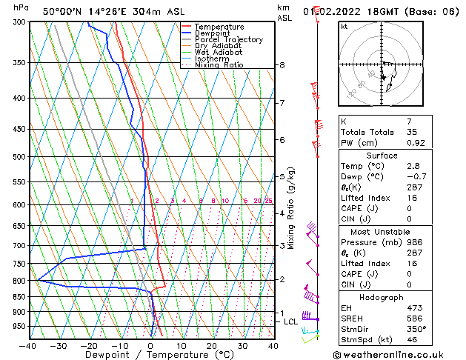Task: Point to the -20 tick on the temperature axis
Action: click(x=89, y=345)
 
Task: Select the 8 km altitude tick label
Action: click(x=282, y=65)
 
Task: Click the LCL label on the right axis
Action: click(x=291, y=321)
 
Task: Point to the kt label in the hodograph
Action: click(x=344, y=27)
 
